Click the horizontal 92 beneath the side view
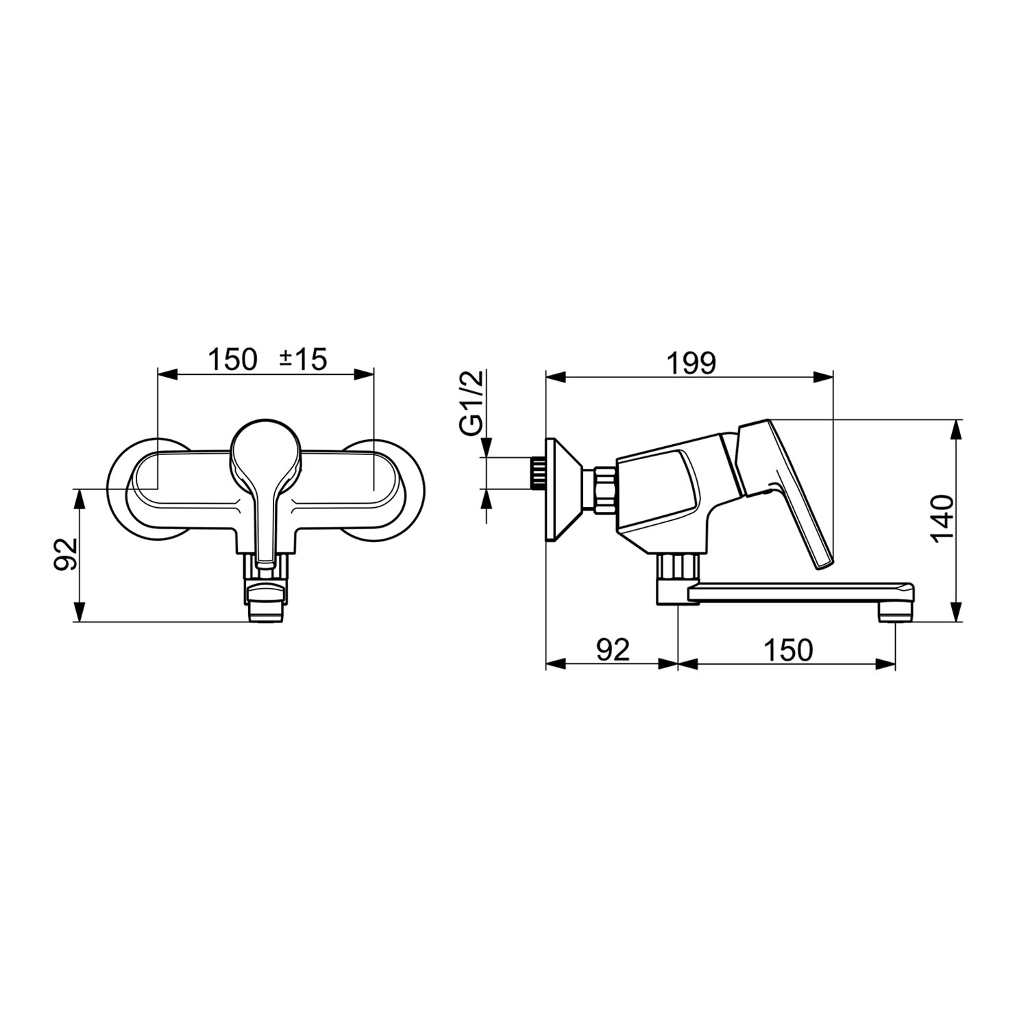(x=612, y=650)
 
